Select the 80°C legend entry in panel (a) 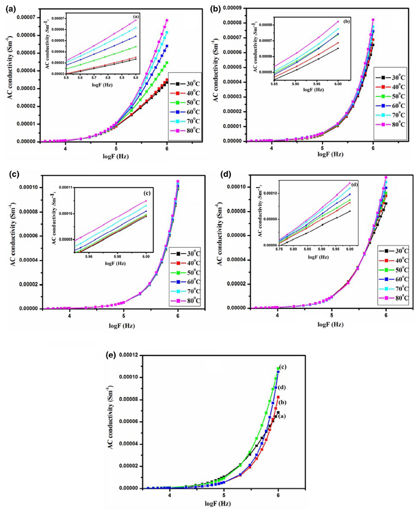188,130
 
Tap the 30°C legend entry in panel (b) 394,78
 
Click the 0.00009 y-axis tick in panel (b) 235,8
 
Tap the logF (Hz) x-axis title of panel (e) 217,503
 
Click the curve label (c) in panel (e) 283,367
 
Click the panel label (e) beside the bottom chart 111,355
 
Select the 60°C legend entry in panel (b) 394,105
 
